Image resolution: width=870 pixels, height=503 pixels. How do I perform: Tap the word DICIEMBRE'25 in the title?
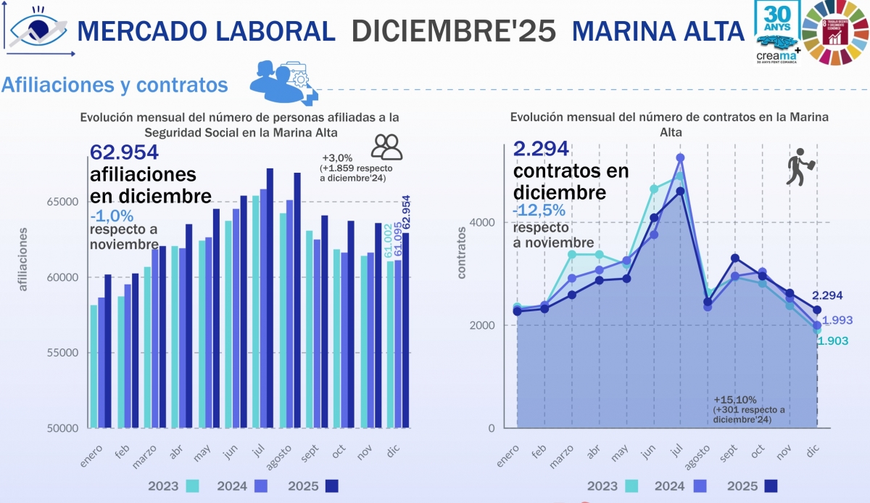tap(454, 30)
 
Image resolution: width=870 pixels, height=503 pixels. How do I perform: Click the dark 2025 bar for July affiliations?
tap(270, 298)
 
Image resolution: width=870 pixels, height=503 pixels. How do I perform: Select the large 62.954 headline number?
tap(124, 152)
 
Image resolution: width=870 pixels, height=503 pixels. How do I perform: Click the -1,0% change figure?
tap(112, 216)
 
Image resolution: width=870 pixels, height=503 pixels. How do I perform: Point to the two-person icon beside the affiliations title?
tap(386, 147)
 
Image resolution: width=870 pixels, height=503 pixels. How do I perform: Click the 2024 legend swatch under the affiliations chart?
tap(261, 486)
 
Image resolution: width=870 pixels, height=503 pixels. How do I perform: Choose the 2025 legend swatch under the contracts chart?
tap(771, 486)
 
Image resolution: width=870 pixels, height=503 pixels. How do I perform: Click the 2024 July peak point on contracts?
tap(680, 158)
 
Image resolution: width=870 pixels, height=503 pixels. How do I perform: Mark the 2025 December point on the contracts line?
tap(817, 310)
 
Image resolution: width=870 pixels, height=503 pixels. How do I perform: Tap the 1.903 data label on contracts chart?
tap(833, 341)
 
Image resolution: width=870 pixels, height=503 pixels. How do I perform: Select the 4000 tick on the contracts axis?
tap(486, 222)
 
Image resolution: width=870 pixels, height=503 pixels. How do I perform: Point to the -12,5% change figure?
tap(539, 210)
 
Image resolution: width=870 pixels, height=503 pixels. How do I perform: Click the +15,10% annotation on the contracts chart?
tap(735, 400)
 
